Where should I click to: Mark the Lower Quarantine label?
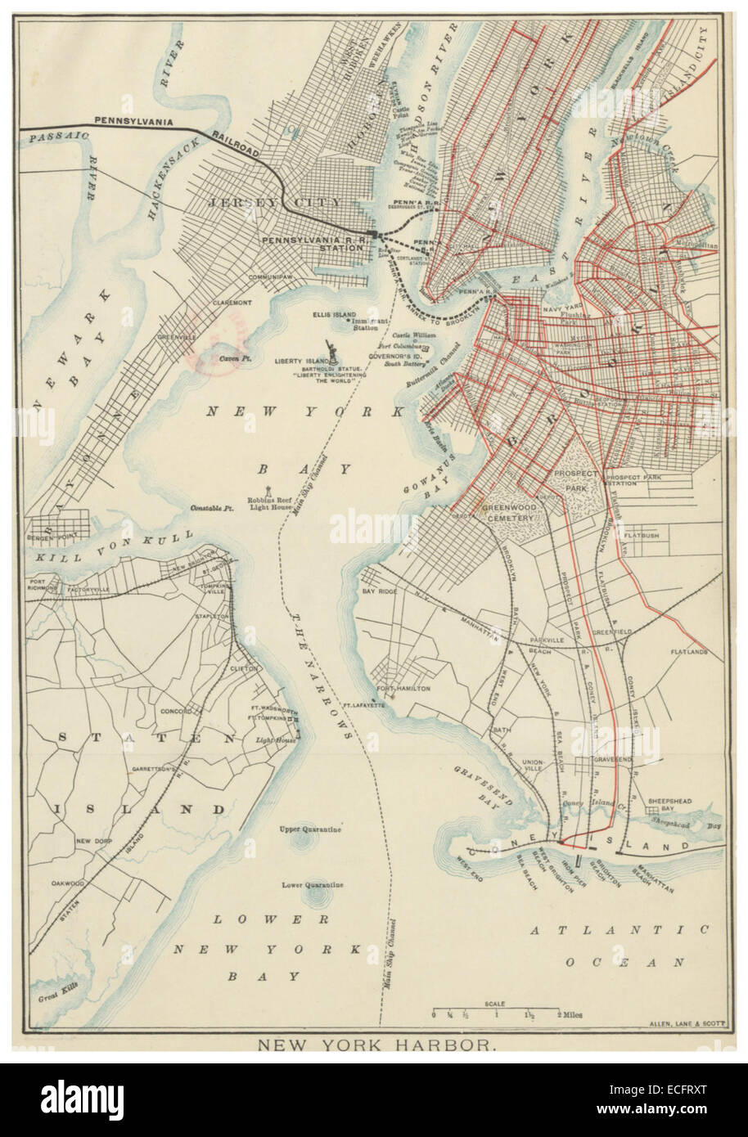[312, 884]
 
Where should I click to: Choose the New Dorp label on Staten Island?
[93, 840]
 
